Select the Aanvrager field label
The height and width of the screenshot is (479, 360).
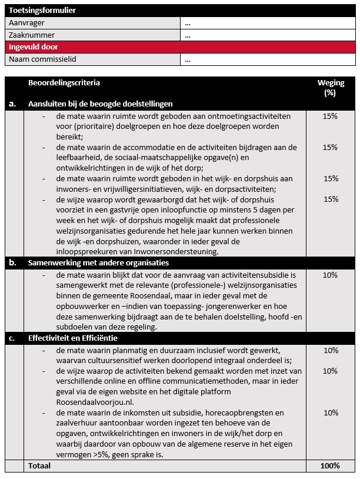tap(26, 23)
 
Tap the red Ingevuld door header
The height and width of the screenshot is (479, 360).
tap(33, 47)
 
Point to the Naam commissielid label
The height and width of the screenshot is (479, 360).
tap(42, 59)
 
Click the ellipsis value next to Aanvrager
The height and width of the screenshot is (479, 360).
tap(188, 23)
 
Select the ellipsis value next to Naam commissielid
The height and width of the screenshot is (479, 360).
tap(188, 59)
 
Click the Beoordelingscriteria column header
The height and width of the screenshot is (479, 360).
tap(64, 83)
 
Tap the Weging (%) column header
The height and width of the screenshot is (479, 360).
tap(331, 88)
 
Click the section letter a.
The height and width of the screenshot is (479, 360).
tap(12, 104)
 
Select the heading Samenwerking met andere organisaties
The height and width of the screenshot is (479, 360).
tap(98, 262)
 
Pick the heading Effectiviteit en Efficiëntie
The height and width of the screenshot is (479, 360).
tap(74, 338)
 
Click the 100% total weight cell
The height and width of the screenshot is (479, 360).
tap(331, 465)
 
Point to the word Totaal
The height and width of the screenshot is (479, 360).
tap(39, 465)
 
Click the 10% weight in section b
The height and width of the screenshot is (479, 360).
tap(331, 275)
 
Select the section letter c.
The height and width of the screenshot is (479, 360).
tap(12, 338)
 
